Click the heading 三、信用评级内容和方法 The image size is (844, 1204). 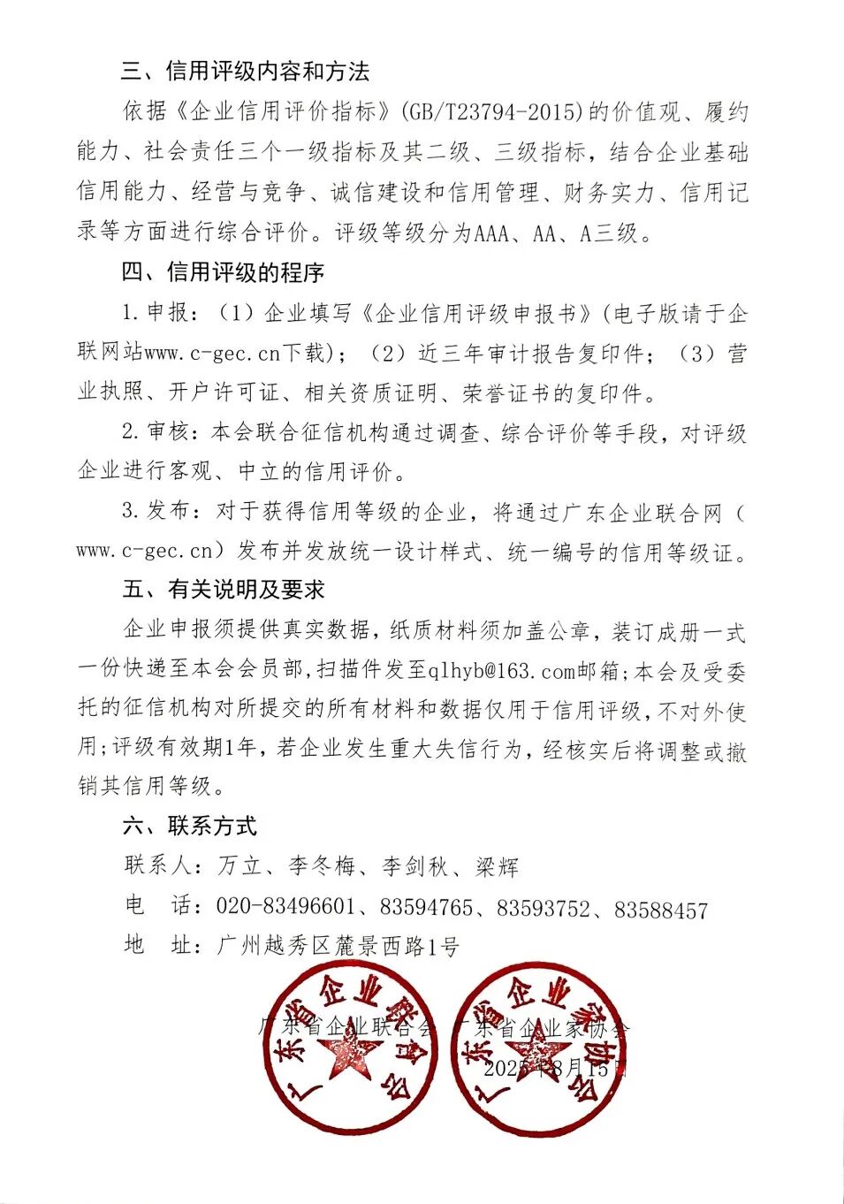pyautogui.click(x=245, y=72)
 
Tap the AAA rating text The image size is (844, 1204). pyautogui.click(x=492, y=233)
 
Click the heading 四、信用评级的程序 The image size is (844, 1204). pyautogui.click(x=223, y=273)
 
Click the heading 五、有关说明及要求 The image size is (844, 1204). pyautogui.click(x=223, y=590)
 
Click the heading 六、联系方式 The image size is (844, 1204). pyautogui.click(x=189, y=827)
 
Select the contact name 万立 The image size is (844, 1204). pyautogui.click(x=240, y=866)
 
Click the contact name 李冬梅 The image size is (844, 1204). pyautogui.click(x=322, y=866)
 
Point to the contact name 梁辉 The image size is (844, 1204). pyautogui.click(x=497, y=866)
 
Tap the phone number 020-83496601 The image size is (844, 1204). pyautogui.click(x=285, y=908)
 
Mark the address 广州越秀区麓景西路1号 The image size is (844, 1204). pyautogui.click(x=338, y=947)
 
